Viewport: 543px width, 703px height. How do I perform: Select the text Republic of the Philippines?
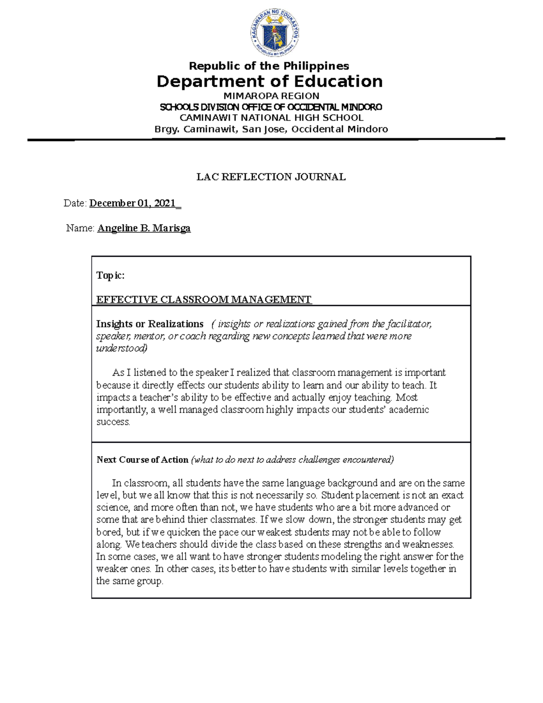269,66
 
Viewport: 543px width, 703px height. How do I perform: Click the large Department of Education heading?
269,82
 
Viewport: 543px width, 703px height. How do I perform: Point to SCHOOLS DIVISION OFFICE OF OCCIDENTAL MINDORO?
271,107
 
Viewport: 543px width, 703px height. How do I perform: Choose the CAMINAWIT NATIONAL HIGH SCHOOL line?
271,118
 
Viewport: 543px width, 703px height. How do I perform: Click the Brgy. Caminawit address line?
271,129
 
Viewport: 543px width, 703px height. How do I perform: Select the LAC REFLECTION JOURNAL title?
271,177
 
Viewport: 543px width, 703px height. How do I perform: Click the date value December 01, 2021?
133,204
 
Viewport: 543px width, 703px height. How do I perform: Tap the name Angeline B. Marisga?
144,228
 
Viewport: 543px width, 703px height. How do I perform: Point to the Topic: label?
110,276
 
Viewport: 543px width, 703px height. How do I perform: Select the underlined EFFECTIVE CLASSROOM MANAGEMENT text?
204,300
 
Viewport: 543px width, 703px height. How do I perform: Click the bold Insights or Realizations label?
150,324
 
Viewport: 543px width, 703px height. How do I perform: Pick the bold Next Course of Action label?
143,460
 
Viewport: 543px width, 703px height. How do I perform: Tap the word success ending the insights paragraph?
113,422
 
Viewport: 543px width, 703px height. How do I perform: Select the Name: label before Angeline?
80,228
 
